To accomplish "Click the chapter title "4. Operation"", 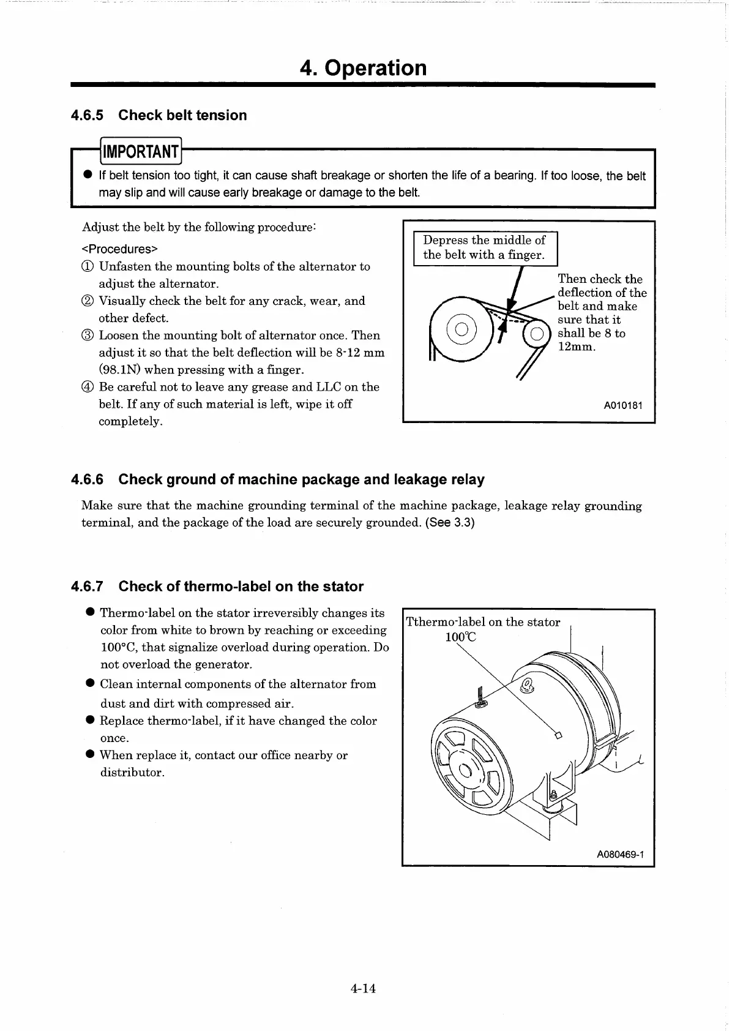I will [x=363, y=67].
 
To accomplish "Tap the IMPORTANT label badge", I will [x=141, y=151].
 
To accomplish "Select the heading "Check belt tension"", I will [x=182, y=115].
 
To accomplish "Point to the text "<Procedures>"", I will [x=120, y=249].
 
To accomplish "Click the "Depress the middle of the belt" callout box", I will [x=485, y=248].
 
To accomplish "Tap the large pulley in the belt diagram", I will [x=463, y=329].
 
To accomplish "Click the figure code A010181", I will [x=623, y=405].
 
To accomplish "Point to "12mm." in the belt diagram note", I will [x=577, y=347].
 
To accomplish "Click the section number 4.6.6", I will [x=88, y=479].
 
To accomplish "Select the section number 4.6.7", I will [x=88, y=587].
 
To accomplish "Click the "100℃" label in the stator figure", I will [x=460, y=637].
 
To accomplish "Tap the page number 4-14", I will [x=363, y=988].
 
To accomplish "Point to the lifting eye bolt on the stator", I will [x=526, y=683].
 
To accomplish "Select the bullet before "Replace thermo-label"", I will [x=90, y=720].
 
